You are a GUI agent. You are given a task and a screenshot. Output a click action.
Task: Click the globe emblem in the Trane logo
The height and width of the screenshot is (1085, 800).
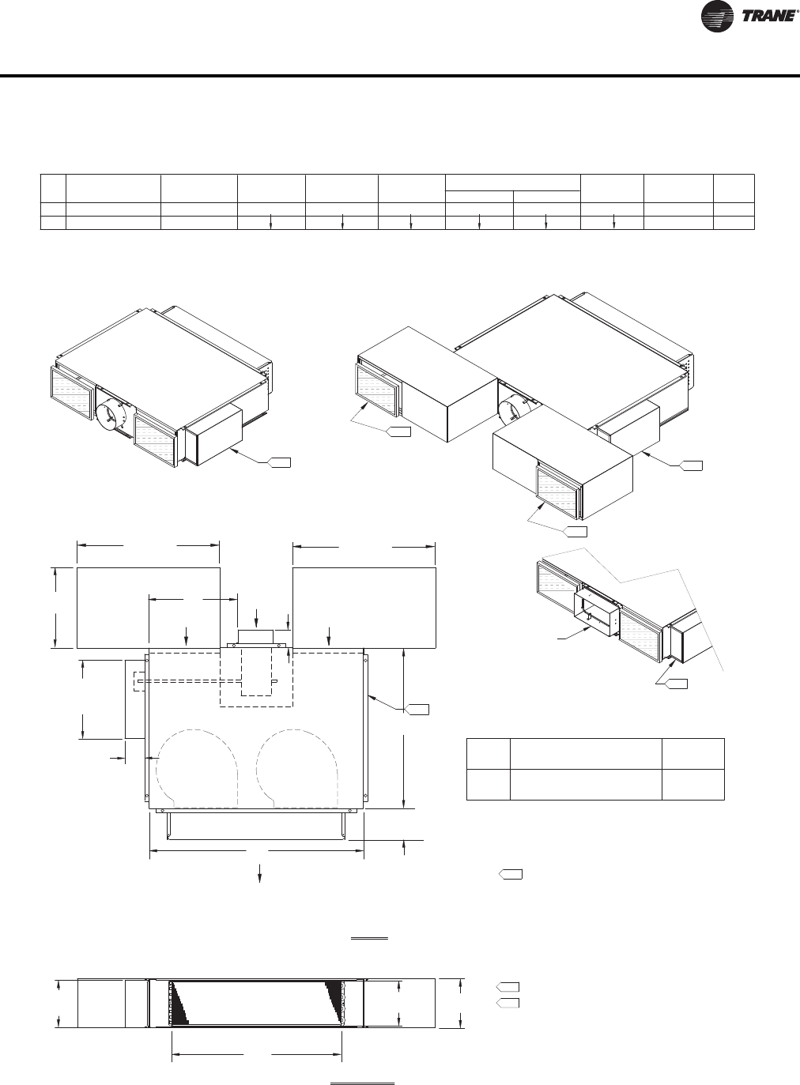[717, 17]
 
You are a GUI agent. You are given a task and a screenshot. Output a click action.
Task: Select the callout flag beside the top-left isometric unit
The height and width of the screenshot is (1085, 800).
[280, 462]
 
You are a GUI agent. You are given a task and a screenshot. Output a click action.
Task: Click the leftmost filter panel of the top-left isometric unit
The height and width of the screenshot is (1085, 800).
[71, 393]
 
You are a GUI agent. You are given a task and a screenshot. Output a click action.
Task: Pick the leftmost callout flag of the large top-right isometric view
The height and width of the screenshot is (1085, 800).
[398, 431]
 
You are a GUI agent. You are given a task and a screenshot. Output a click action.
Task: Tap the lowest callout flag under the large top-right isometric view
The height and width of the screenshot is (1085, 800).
[575, 531]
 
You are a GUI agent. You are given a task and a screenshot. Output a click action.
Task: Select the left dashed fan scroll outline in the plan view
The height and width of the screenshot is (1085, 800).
[197, 768]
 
